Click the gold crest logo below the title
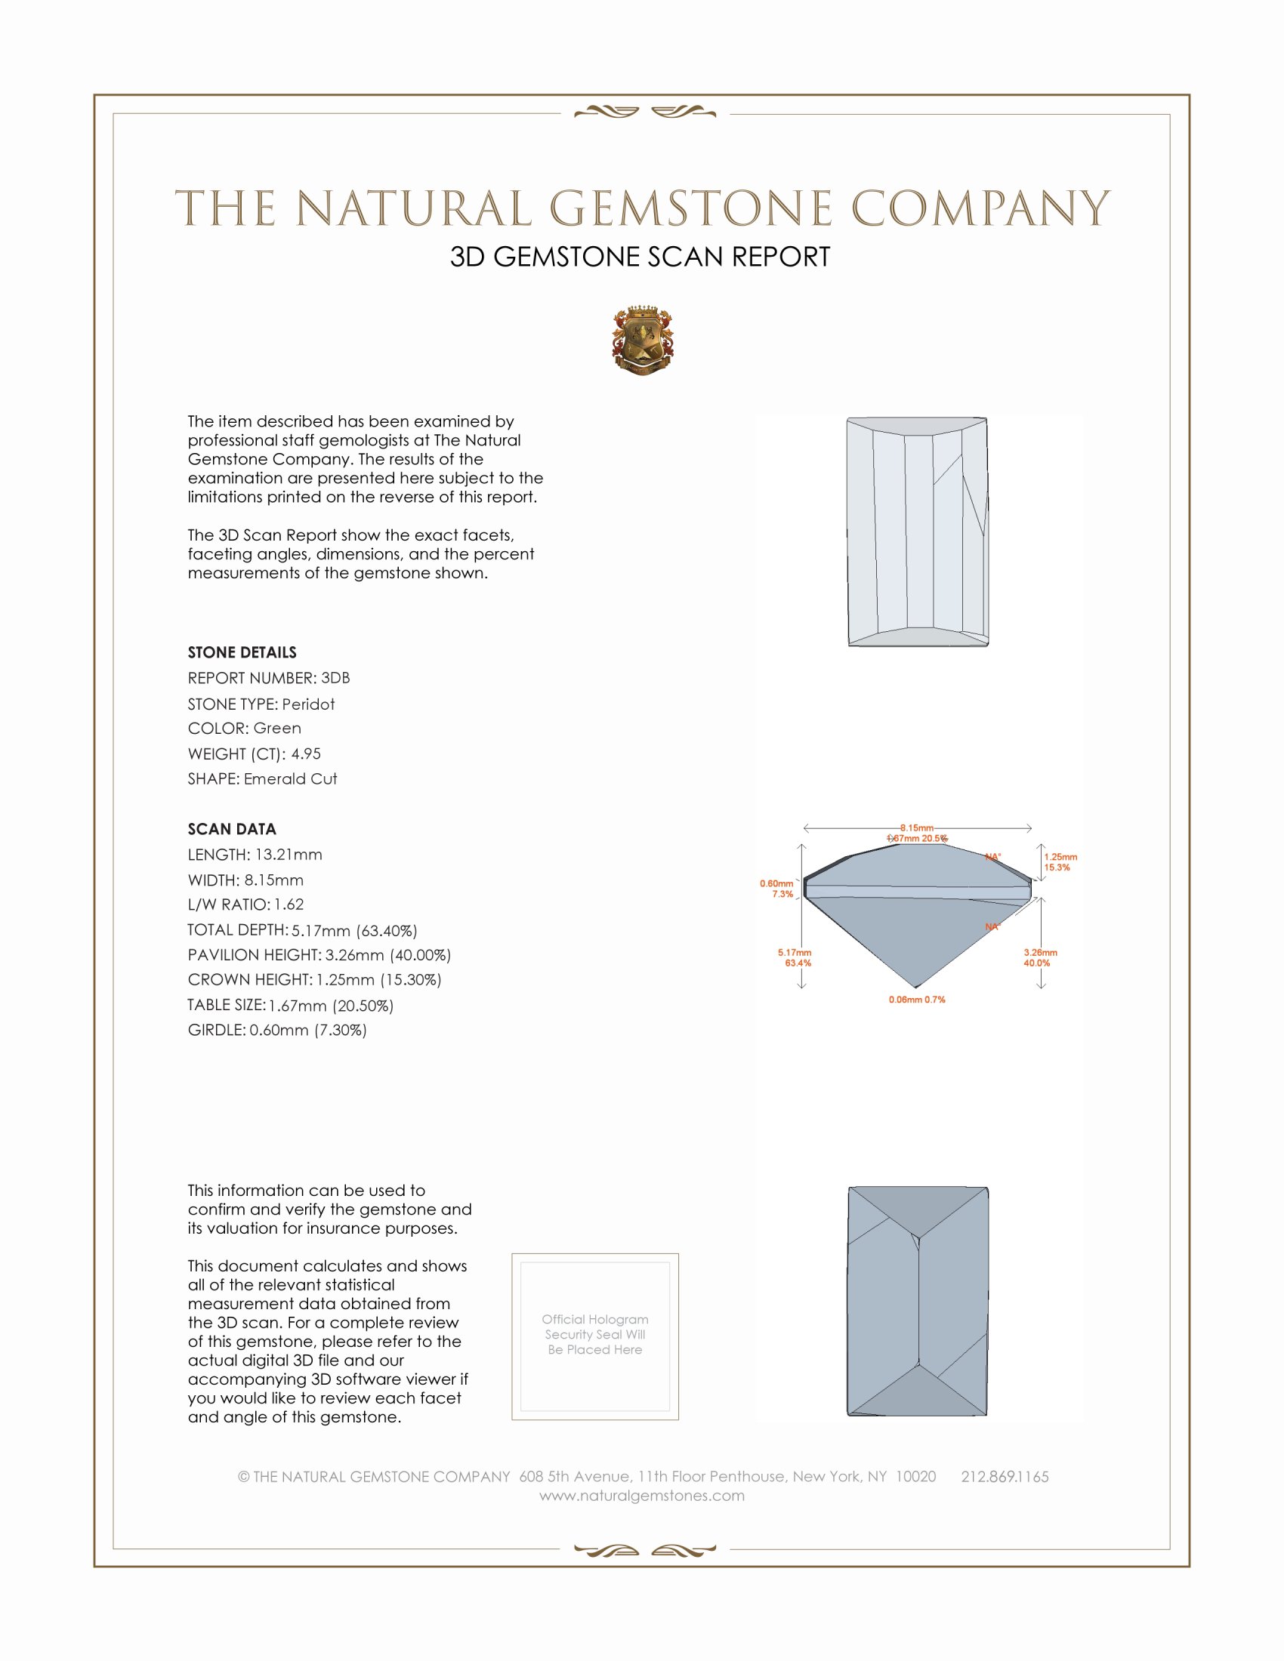642,341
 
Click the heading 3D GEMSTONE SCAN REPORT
640,257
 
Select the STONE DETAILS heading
242,652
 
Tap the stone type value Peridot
308,704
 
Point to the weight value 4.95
306,753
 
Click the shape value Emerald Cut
290,779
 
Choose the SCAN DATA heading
232,829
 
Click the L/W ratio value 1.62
289,904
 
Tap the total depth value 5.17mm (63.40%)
354,930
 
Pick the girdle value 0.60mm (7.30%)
308,1030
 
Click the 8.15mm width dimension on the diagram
917,827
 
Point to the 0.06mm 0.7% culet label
917,1000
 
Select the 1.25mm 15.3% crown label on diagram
1060,861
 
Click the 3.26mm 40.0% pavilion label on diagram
1040,957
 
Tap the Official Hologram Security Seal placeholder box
595,1336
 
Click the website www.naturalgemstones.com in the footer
642,1496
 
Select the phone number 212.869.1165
1004,1477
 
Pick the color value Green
277,728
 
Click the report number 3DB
335,678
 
